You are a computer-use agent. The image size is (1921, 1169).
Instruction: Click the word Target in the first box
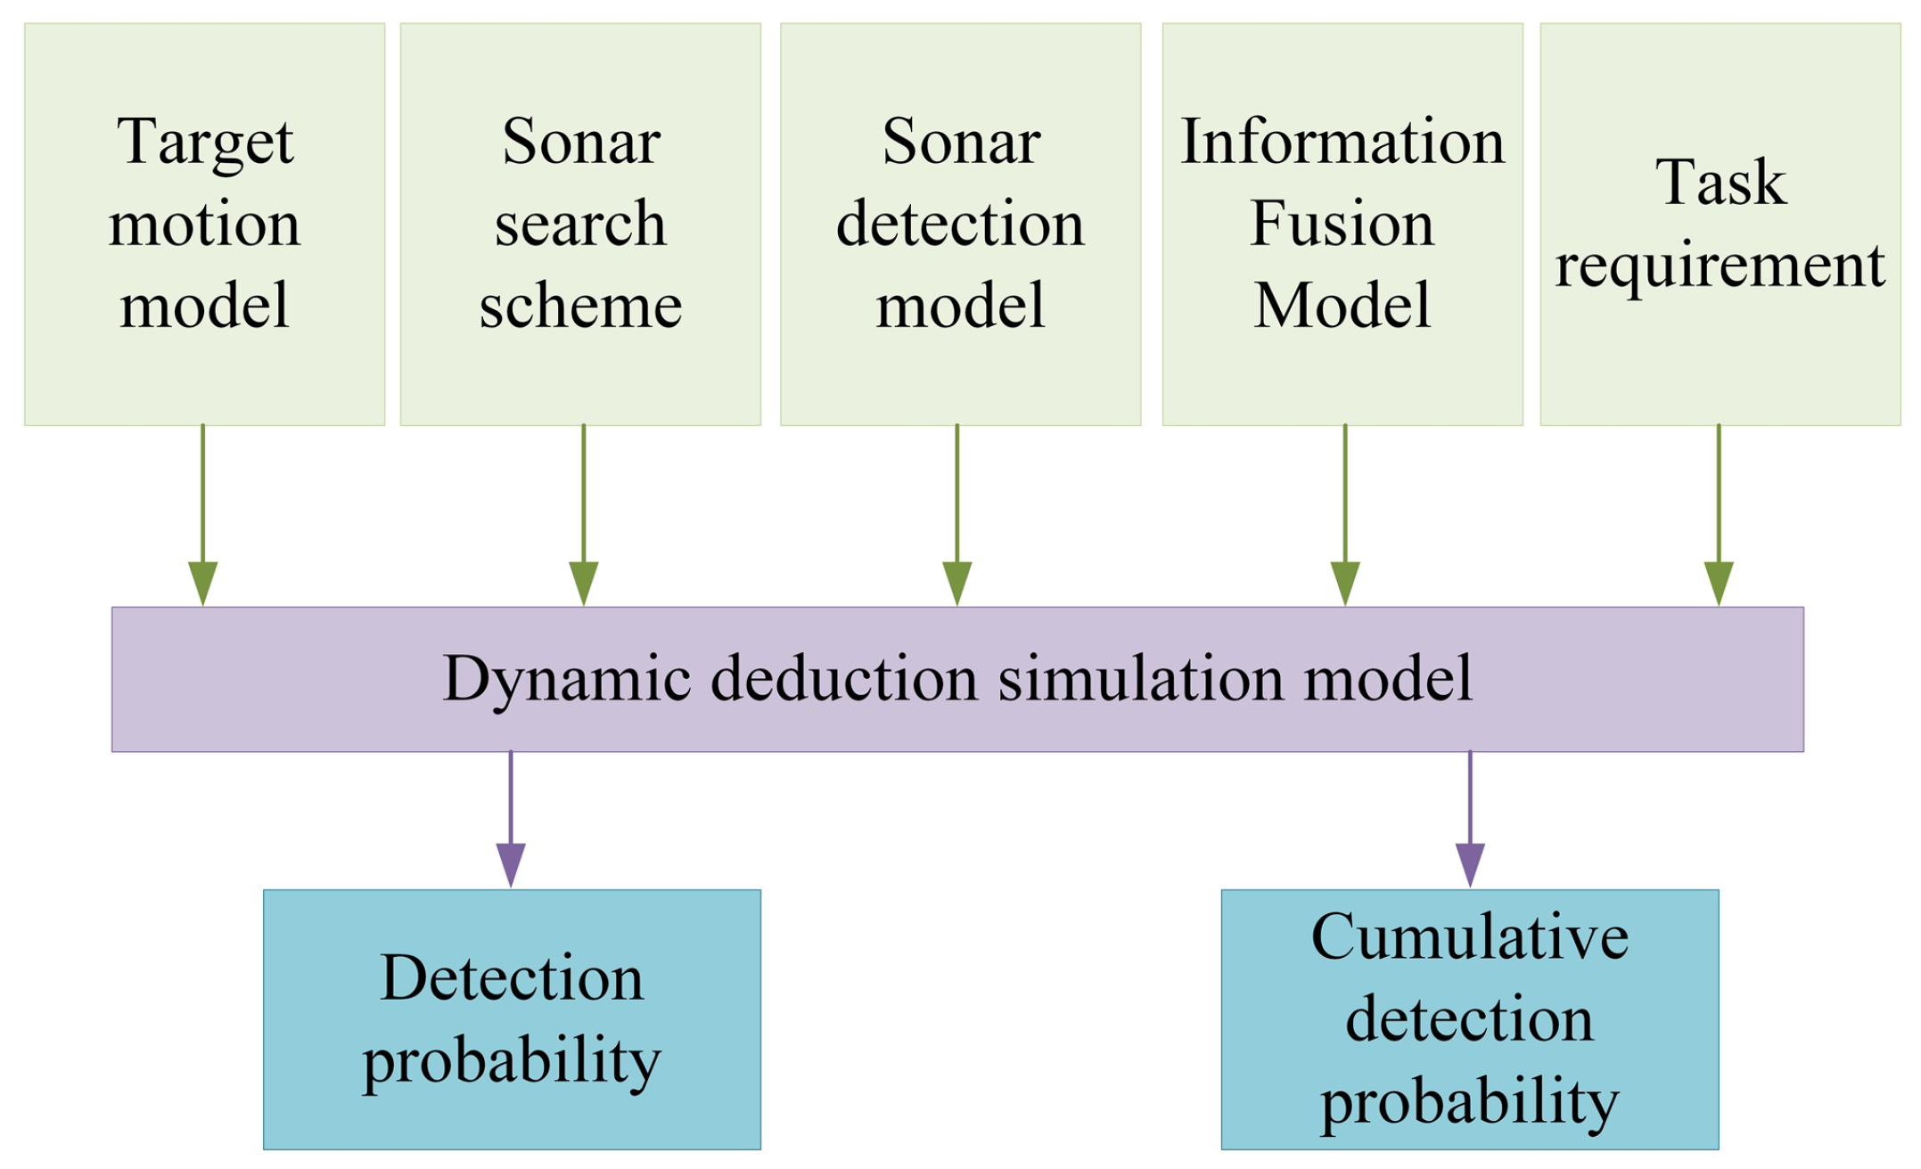204,142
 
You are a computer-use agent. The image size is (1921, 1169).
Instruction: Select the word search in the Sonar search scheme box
580,223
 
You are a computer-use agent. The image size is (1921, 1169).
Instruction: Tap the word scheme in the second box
580,306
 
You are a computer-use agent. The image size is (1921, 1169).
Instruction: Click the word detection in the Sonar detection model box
960,223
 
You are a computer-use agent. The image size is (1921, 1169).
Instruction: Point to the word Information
1342,142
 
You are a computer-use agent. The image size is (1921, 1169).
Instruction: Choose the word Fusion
1342,223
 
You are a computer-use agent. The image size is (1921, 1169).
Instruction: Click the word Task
1720,183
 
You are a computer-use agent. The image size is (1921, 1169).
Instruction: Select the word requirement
1720,265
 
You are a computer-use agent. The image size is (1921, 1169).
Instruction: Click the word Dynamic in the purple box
567,680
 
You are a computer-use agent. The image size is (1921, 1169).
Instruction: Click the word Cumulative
1469,937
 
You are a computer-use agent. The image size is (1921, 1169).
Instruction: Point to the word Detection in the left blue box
512,978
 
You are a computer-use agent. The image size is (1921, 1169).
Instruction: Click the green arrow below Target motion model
203,517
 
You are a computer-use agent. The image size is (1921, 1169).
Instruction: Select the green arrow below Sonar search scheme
584,517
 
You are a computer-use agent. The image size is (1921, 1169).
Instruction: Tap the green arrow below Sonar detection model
957,517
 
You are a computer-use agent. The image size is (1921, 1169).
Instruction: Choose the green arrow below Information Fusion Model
1345,517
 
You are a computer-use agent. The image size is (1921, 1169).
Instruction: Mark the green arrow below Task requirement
1719,517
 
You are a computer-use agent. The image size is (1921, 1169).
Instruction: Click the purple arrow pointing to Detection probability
511,820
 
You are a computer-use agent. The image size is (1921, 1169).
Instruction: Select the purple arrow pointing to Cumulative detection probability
1470,820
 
